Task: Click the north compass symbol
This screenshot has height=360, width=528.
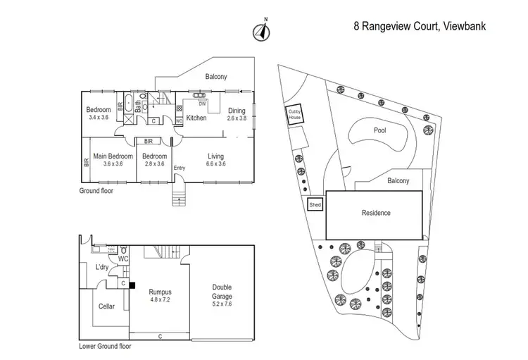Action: point(261,31)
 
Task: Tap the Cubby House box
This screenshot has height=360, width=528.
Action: point(293,116)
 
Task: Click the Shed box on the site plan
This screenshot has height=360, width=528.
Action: point(315,204)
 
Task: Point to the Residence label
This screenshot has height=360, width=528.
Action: point(375,213)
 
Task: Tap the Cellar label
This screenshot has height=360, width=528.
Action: point(106,306)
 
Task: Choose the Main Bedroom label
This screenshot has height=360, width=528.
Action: point(108,156)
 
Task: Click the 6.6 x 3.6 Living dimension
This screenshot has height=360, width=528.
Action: point(215,164)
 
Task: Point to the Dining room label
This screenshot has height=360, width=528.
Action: point(237,111)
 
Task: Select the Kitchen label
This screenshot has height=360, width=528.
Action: point(196,118)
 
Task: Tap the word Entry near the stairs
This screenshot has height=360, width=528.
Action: point(180,168)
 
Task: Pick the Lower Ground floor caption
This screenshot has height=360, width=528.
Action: point(105,346)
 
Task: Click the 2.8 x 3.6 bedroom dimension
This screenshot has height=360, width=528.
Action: point(154,164)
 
